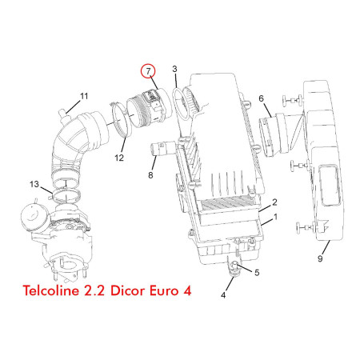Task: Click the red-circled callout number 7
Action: [148, 71]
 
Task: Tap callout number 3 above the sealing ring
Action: [174, 69]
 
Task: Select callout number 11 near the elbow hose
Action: [84, 96]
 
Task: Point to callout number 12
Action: [119, 158]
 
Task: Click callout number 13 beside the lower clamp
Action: [34, 184]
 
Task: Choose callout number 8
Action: [150, 175]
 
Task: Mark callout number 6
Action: [261, 98]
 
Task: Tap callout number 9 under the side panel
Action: [320, 258]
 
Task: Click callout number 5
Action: [257, 273]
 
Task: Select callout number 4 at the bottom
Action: [223, 295]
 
